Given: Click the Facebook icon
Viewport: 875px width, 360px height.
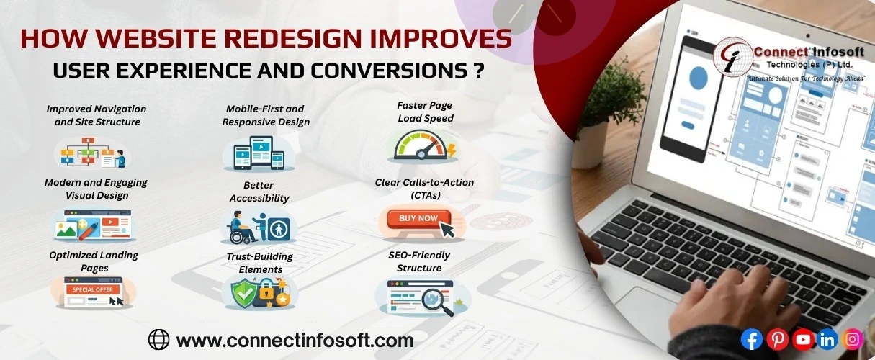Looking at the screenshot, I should coord(751,339).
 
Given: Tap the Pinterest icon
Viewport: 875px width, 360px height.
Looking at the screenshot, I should coord(777,339).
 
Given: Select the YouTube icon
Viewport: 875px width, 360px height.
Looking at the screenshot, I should coord(802,339).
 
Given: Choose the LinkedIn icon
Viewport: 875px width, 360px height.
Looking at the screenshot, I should coord(827,339).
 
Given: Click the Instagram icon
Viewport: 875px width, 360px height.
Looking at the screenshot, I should coord(853,338).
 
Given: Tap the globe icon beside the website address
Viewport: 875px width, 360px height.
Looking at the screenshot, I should coord(158,339).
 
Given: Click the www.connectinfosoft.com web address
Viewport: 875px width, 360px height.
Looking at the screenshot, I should coord(295,340).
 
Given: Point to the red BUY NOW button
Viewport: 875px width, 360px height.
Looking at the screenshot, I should coord(418,218).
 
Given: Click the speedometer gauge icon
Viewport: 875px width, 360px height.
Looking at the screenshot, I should coord(422,146).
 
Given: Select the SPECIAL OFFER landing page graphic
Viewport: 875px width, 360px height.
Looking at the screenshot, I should coord(91,292).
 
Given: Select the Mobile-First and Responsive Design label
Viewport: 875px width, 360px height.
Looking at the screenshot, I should coord(266,115).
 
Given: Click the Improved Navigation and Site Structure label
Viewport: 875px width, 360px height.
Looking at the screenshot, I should coord(97,115).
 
